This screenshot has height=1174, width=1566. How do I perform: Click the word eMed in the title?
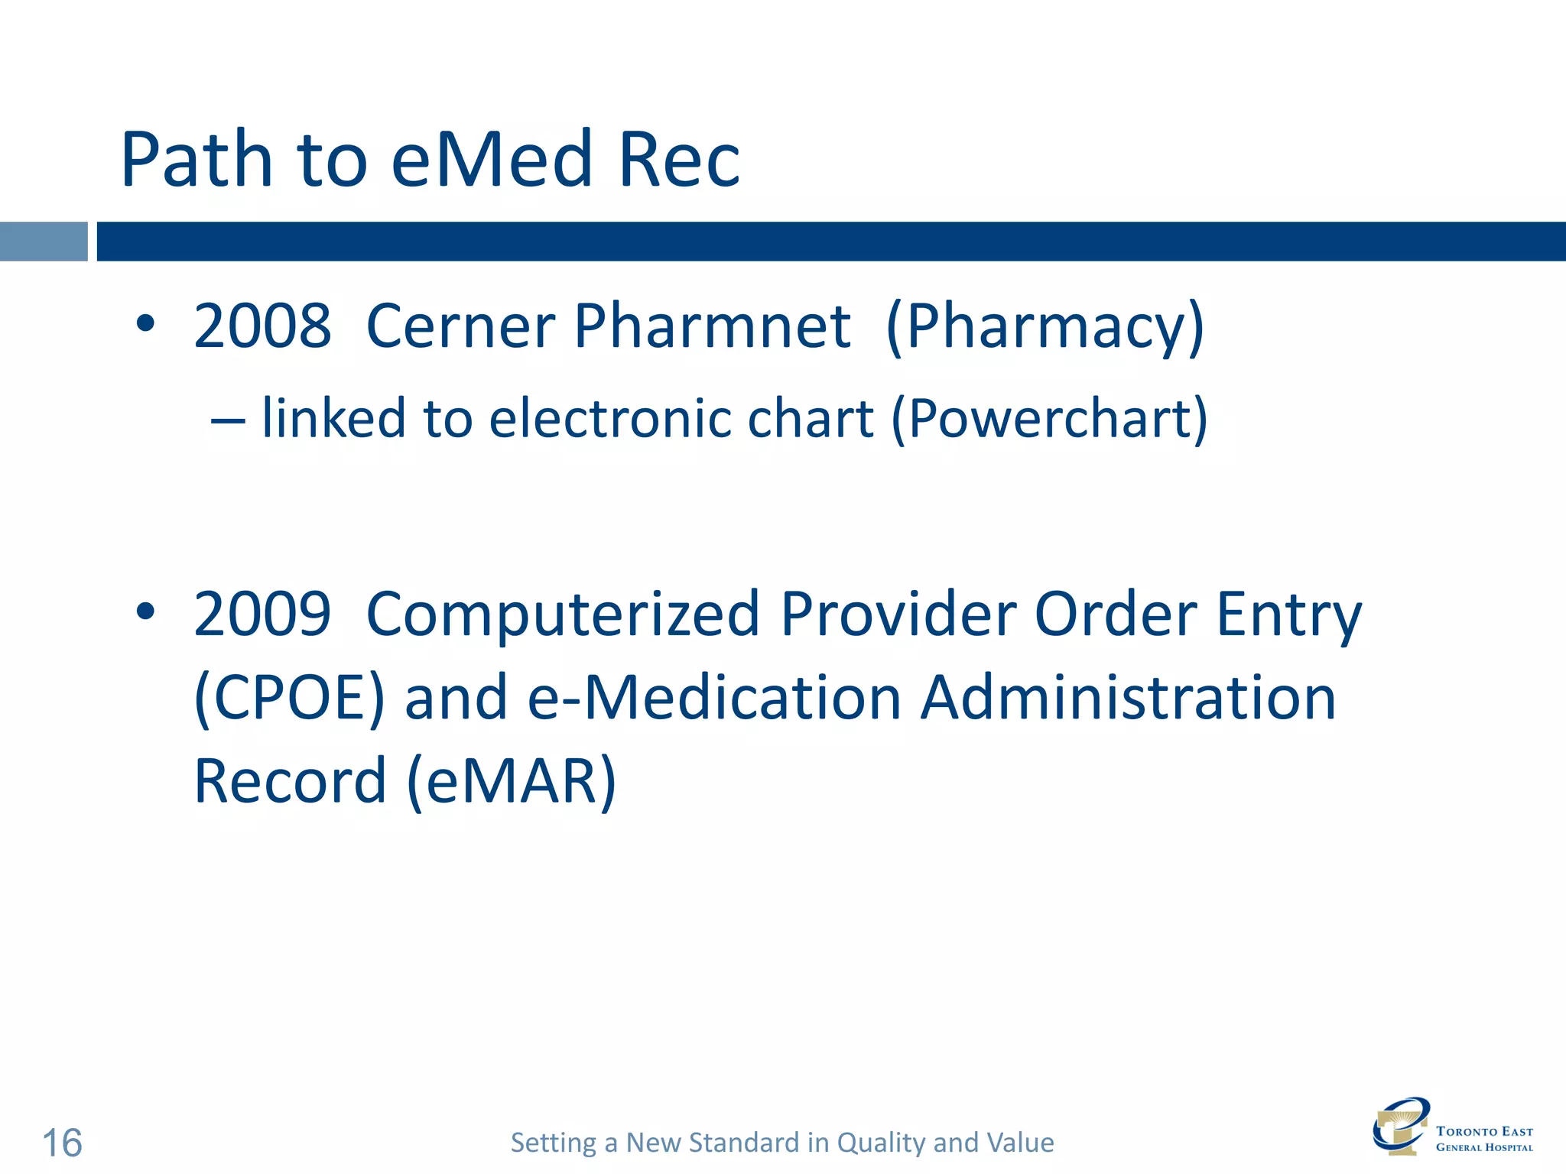click(x=492, y=160)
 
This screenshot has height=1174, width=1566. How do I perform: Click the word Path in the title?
click(x=197, y=160)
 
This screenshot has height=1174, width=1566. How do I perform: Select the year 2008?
click(x=262, y=326)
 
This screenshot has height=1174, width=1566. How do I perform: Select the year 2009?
click(x=262, y=615)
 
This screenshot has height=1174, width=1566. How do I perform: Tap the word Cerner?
click(x=460, y=326)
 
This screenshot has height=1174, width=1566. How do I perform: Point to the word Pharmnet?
click(x=712, y=326)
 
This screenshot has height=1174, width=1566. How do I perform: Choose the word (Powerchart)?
click(x=1049, y=420)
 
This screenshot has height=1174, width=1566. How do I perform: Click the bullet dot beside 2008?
click(x=145, y=324)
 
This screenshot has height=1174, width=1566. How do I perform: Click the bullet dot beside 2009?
click(x=145, y=611)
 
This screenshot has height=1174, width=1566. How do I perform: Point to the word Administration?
click(x=1128, y=699)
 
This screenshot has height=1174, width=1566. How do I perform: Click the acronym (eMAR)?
click(x=511, y=782)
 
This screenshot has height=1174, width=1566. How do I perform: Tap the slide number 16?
click(x=62, y=1143)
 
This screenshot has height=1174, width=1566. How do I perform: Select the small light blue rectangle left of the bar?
click(x=44, y=242)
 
